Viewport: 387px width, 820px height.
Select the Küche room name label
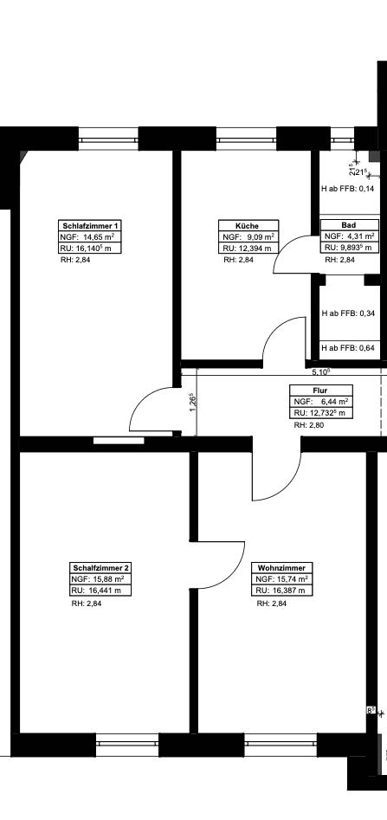click(x=248, y=226)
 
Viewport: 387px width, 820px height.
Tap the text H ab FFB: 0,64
click(x=347, y=348)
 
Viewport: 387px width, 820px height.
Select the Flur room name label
click(x=320, y=391)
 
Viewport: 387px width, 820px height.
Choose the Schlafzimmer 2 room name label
click(x=100, y=568)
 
